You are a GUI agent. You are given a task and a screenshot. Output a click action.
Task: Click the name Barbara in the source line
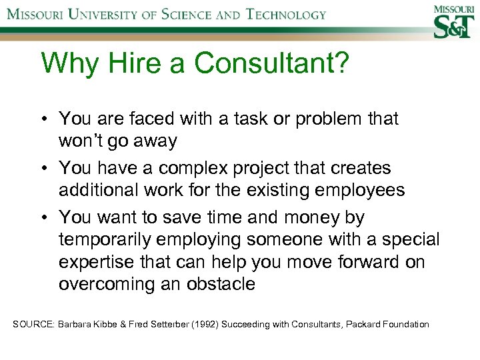point(75,325)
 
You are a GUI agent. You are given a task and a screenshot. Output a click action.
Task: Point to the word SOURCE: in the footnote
point(33,325)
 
